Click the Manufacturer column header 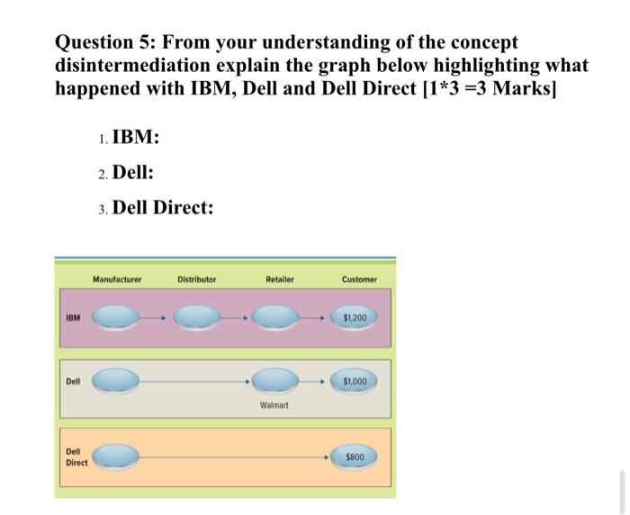(x=117, y=279)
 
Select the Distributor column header (x=197, y=279)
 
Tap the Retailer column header (x=280, y=279)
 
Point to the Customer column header (x=360, y=279)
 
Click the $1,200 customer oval (x=354, y=318)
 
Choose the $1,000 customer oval (x=354, y=381)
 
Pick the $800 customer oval (x=354, y=456)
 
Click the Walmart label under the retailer (x=274, y=405)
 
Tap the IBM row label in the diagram (x=73, y=318)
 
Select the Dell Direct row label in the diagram (x=76, y=457)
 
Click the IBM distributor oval (x=197, y=318)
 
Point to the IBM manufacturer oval (x=116, y=318)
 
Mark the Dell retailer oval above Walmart (x=275, y=381)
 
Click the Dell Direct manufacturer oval (x=116, y=456)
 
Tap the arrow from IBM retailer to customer (x=311, y=318)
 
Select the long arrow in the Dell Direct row (x=235, y=457)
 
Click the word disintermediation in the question (x=132, y=65)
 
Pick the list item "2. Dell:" (x=126, y=173)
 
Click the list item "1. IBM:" (x=129, y=137)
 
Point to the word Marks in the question (x=525, y=88)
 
